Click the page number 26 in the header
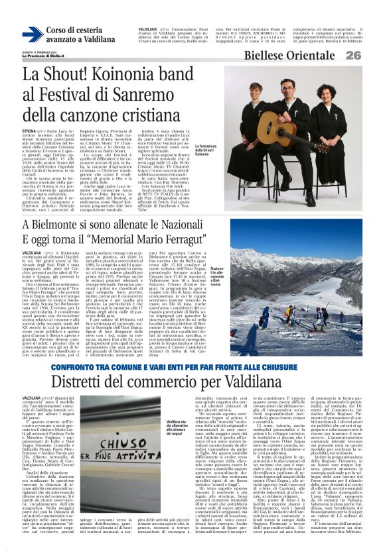pos(370,56)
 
